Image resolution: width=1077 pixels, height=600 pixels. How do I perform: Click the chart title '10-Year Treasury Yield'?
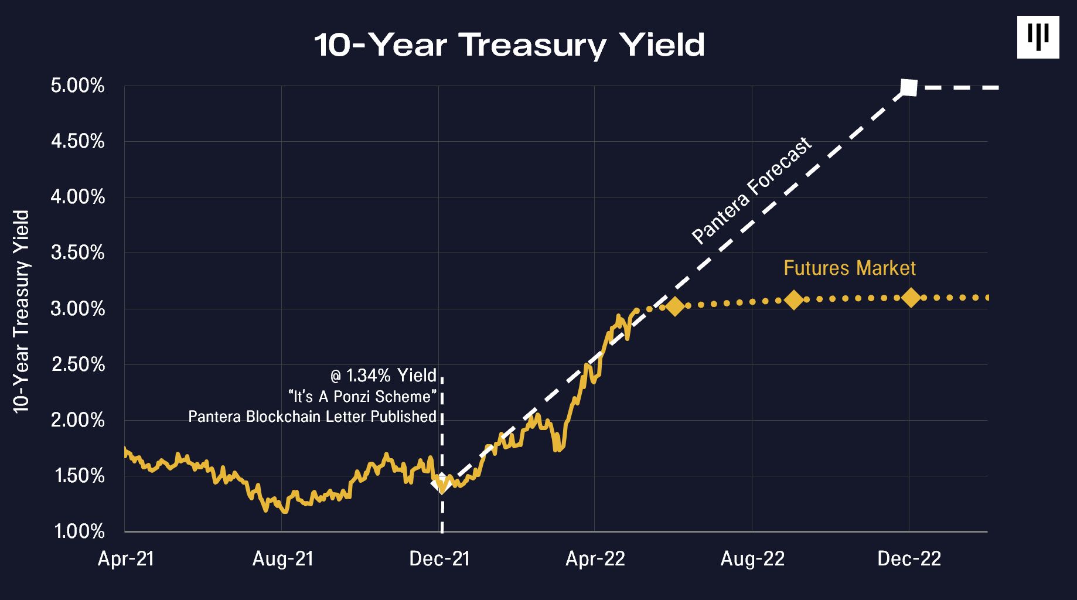(x=509, y=45)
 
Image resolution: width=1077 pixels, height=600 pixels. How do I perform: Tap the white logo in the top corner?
(x=1038, y=37)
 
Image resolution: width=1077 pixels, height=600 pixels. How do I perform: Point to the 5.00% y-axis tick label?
(x=77, y=86)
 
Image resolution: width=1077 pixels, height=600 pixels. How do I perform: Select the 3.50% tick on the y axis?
(x=77, y=253)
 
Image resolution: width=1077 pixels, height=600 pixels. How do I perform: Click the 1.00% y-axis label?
(x=79, y=531)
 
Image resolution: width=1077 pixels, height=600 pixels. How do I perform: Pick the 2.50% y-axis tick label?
(x=78, y=364)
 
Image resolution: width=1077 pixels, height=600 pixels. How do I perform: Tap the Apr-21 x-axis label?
(x=125, y=559)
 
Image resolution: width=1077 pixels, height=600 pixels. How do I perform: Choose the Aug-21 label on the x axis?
(x=282, y=559)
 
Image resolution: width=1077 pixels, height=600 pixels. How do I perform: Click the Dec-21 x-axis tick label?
(x=439, y=559)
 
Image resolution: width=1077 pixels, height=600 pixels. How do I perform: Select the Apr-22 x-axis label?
(x=595, y=559)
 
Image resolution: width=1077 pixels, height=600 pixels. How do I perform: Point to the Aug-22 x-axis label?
(x=752, y=559)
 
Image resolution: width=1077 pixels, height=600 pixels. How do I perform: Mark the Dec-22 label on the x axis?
(x=909, y=559)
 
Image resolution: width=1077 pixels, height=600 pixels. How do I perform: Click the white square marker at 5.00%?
(x=908, y=87)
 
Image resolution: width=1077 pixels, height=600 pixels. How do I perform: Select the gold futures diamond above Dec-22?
(x=911, y=298)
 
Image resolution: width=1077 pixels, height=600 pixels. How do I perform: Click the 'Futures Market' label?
(x=849, y=268)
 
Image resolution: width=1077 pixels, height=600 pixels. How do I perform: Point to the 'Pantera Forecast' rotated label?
(x=751, y=191)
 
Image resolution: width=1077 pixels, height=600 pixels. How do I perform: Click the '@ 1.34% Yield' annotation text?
(x=383, y=376)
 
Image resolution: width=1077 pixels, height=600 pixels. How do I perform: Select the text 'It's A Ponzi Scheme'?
(x=363, y=397)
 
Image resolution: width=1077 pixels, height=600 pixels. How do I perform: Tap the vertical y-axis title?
(x=21, y=311)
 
